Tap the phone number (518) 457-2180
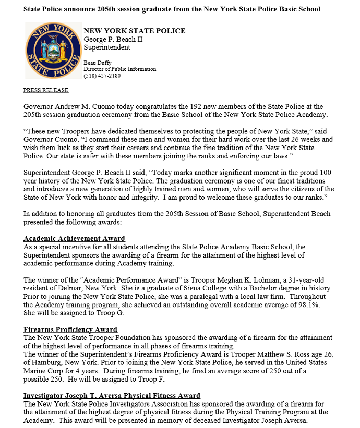[102, 76]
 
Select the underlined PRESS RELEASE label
[46, 90]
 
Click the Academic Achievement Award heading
[74, 239]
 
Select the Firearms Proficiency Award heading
[70, 329]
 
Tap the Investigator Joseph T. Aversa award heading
[112, 396]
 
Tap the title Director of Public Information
[119, 69]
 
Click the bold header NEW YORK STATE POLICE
[134, 31]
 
